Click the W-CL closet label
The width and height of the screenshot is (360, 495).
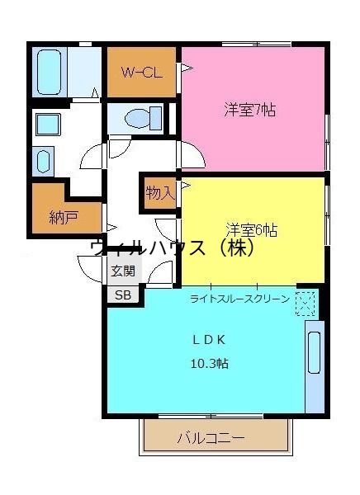(140, 72)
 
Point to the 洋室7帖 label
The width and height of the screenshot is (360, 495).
(249, 110)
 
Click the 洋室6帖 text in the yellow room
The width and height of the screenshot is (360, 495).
(252, 229)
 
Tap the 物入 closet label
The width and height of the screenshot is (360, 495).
(159, 193)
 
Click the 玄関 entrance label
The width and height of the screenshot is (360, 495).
(122, 270)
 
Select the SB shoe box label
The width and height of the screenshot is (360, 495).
(122, 295)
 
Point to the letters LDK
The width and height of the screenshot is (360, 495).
(210, 339)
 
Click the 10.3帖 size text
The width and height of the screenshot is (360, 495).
(211, 363)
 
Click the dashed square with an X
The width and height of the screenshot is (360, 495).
(305, 304)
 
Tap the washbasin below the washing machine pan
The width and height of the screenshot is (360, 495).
(44, 160)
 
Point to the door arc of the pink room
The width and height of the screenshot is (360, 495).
(192, 154)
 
